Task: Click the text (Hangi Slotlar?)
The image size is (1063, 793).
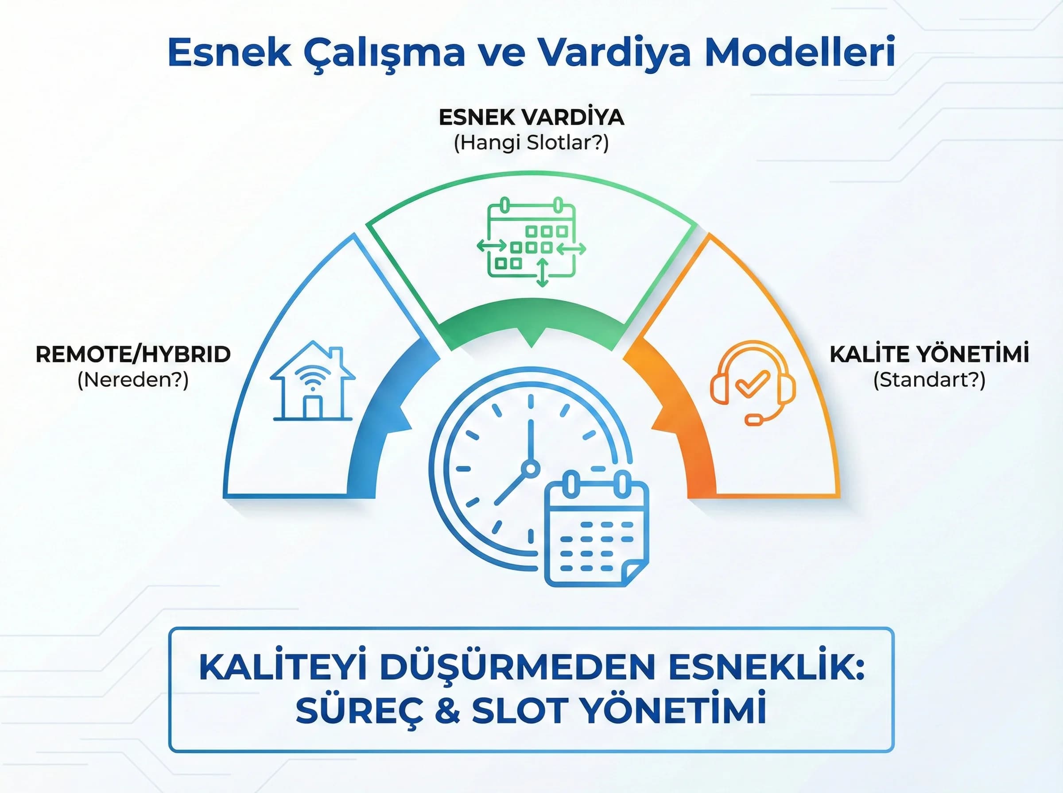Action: click(x=531, y=143)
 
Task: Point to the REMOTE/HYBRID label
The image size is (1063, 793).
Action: click(x=133, y=355)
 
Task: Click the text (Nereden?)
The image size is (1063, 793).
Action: click(x=133, y=380)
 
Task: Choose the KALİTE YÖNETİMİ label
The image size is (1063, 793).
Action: click(x=929, y=355)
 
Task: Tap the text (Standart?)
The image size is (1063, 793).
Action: click(x=929, y=380)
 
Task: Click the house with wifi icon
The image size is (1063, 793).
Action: click(x=312, y=381)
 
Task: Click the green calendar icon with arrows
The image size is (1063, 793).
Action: click(x=531, y=242)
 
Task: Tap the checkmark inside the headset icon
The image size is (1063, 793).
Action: click(x=752, y=383)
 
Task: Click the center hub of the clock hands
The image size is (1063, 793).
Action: click(x=531, y=468)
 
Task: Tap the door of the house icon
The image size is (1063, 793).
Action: click(x=312, y=407)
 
